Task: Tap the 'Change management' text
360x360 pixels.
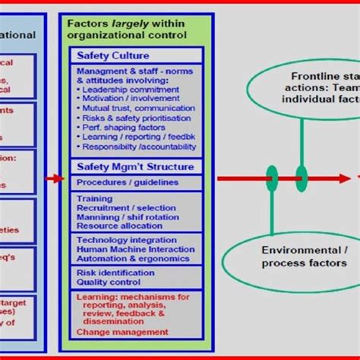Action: [x=122, y=331]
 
